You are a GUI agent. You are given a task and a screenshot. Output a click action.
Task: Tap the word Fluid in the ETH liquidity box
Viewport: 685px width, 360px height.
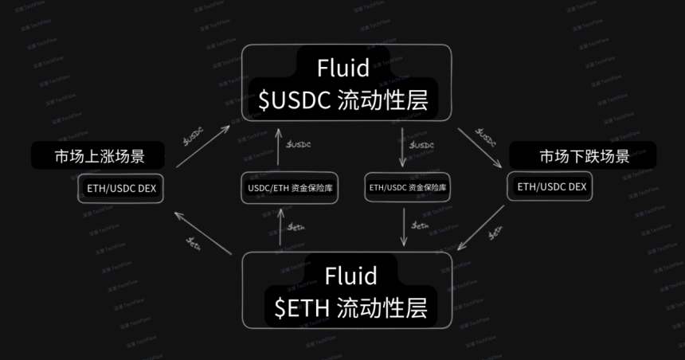pos(350,276)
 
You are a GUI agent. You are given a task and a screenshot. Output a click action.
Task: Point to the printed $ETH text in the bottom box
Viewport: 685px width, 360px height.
pos(299,307)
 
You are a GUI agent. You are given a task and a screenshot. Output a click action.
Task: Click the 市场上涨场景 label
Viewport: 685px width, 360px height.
pos(100,155)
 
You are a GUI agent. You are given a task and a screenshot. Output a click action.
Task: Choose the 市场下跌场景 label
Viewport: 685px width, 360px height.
pos(584,155)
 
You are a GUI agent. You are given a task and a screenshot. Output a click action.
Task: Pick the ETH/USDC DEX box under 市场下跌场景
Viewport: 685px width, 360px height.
pos(551,187)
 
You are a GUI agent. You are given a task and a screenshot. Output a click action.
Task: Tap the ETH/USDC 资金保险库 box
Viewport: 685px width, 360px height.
pos(407,188)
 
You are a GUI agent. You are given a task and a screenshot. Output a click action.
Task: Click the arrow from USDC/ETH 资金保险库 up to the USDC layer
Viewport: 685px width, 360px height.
pos(278,148)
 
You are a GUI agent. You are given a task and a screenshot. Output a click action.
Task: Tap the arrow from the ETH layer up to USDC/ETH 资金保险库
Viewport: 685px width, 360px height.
pos(279,227)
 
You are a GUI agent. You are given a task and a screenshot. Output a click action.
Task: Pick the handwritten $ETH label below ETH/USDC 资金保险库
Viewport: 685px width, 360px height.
pos(421,226)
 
